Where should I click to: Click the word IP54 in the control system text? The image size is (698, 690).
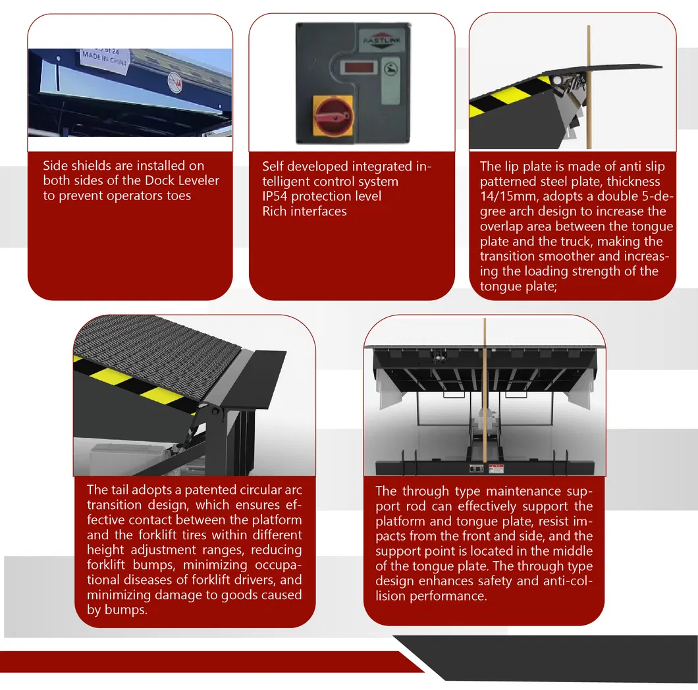click(x=276, y=196)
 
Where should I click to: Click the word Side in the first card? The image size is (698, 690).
click(x=56, y=166)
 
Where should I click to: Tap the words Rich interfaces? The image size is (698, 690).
click(x=304, y=211)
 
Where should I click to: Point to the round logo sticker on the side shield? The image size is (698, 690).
click(x=175, y=77)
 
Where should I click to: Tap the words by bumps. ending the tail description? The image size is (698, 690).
click(x=117, y=610)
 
